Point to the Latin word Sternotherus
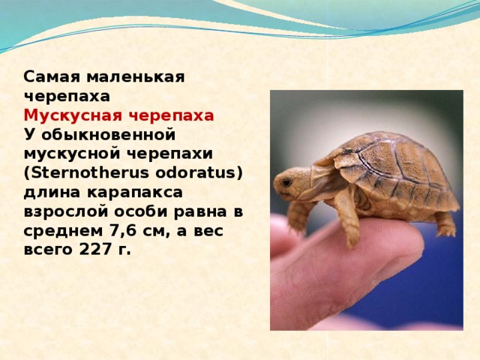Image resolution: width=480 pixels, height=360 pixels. (x=82, y=173)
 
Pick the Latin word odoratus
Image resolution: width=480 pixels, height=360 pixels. (x=200, y=173)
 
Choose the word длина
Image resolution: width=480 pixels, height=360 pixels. (x=47, y=193)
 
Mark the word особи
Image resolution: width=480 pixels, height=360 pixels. (x=140, y=211)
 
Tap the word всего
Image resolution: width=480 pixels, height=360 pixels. (x=48, y=250)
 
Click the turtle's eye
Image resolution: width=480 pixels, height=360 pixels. (x=287, y=181)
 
